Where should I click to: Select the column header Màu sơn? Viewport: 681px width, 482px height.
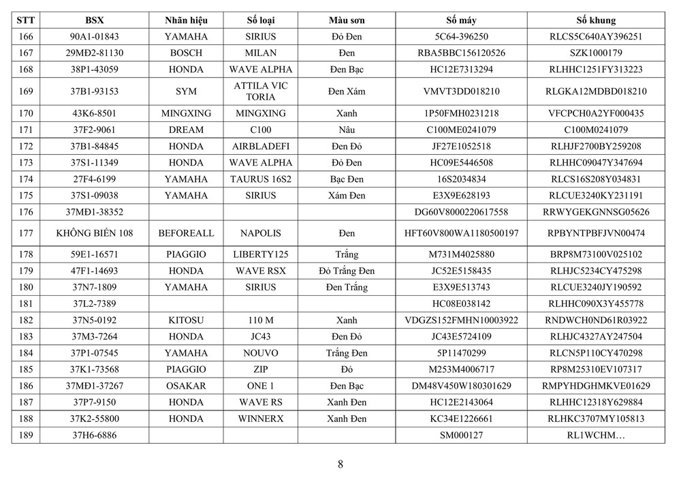(346, 20)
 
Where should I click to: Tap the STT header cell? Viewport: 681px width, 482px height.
(25, 20)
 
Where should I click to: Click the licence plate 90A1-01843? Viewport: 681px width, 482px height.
(94, 37)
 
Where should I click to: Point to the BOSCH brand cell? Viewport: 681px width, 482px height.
(186, 53)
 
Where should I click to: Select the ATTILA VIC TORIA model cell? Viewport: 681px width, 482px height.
(261, 91)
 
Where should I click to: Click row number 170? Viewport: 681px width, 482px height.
(25, 113)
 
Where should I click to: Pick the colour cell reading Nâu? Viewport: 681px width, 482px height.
(346, 130)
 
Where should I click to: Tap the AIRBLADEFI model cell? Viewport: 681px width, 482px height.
(261, 146)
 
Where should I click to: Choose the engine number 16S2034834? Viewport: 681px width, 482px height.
(460, 179)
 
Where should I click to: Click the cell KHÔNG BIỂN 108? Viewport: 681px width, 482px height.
(94, 233)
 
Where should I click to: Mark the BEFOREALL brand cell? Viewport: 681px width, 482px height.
(186, 233)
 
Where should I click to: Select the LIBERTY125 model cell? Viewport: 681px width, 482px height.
(261, 254)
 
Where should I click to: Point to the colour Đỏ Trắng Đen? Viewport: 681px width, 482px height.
(346, 271)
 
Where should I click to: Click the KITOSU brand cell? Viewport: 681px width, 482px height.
(186, 320)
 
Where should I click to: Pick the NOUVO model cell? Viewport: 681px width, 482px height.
(261, 352)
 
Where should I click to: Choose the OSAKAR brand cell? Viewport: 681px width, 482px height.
(186, 385)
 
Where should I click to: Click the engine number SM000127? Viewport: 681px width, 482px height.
(460, 434)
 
